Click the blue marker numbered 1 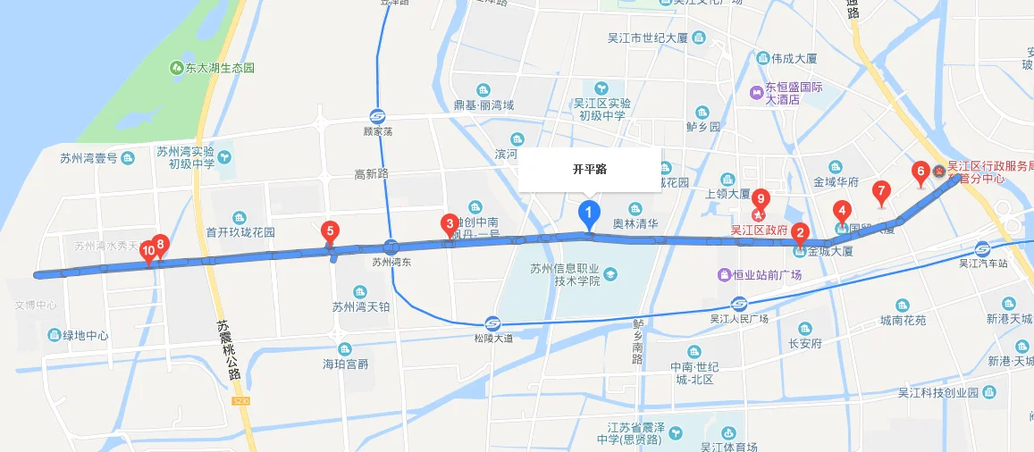[x=589, y=213]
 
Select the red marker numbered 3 [x=449, y=223]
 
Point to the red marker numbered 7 [x=880, y=190]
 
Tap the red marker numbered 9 [x=761, y=198]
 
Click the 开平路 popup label [x=590, y=169]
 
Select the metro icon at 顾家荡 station [x=378, y=116]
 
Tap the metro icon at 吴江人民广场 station [x=739, y=303]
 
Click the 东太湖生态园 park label [x=213, y=68]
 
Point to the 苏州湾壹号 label [x=95, y=158]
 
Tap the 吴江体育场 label [x=729, y=447]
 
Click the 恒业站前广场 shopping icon [x=725, y=275]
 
